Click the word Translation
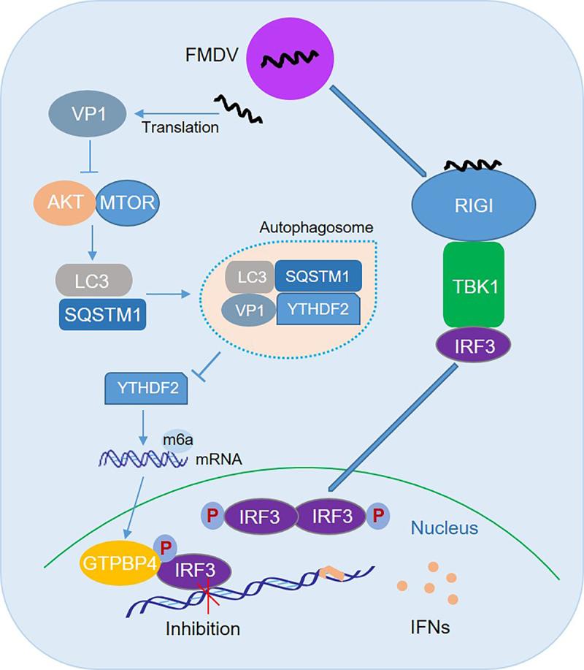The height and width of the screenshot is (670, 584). (181, 127)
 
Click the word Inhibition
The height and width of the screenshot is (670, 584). (202, 628)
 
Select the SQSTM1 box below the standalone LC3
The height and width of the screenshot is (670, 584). (100, 316)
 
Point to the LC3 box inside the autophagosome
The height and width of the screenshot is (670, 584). (249, 276)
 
